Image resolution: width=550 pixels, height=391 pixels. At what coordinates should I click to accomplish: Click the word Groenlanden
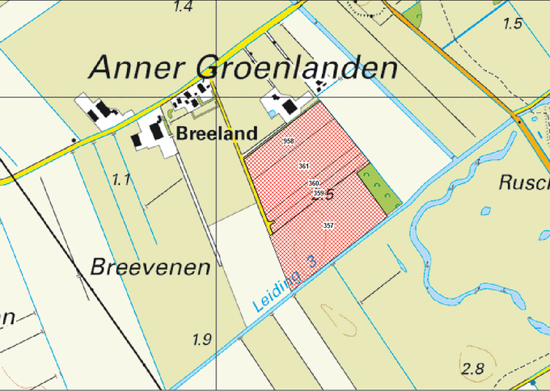[297, 67]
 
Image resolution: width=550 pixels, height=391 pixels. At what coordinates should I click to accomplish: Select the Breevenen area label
[150, 267]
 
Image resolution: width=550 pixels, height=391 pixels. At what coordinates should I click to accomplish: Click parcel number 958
[288, 141]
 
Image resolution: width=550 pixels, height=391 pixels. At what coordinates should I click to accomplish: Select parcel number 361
[304, 166]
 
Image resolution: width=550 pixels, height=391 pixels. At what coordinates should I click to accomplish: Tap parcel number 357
[328, 225]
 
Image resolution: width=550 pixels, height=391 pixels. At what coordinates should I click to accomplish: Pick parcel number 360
[314, 183]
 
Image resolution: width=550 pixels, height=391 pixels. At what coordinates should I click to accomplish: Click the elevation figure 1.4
[183, 7]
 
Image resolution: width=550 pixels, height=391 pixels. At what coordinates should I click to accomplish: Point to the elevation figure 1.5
[512, 24]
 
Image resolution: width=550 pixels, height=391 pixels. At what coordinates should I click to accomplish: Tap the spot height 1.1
[121, 179]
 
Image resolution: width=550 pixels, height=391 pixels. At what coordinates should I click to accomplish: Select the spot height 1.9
[201, 339]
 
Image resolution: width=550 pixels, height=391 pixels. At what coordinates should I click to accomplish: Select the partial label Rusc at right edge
[522, 183]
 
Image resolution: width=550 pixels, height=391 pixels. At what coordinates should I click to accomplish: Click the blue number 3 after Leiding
[312, 261]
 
